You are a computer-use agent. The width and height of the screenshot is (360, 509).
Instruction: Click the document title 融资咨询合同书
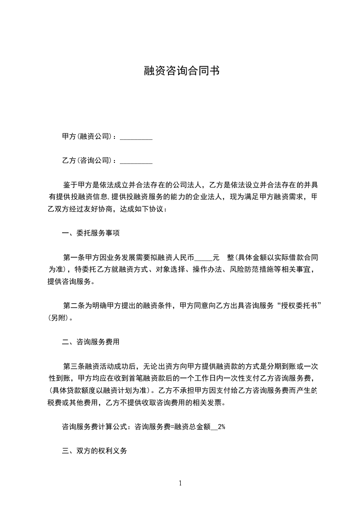click(x=181, y=71)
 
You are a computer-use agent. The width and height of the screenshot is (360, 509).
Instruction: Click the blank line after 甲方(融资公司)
click(x=136, y=136)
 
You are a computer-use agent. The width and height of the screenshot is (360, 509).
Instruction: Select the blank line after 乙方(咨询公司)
click(x=136, y=160)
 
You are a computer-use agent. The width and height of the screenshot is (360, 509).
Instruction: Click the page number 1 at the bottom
click(x=180, y=483)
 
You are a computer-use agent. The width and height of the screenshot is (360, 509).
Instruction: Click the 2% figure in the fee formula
click(x=222, y=426)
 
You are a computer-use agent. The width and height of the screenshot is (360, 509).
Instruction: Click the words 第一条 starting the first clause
click(x=73, y=257)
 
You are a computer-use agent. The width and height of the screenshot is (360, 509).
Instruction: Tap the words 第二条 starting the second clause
click(x=73, y=305)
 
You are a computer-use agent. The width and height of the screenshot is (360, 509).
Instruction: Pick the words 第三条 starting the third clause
click(x=73, y=366)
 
